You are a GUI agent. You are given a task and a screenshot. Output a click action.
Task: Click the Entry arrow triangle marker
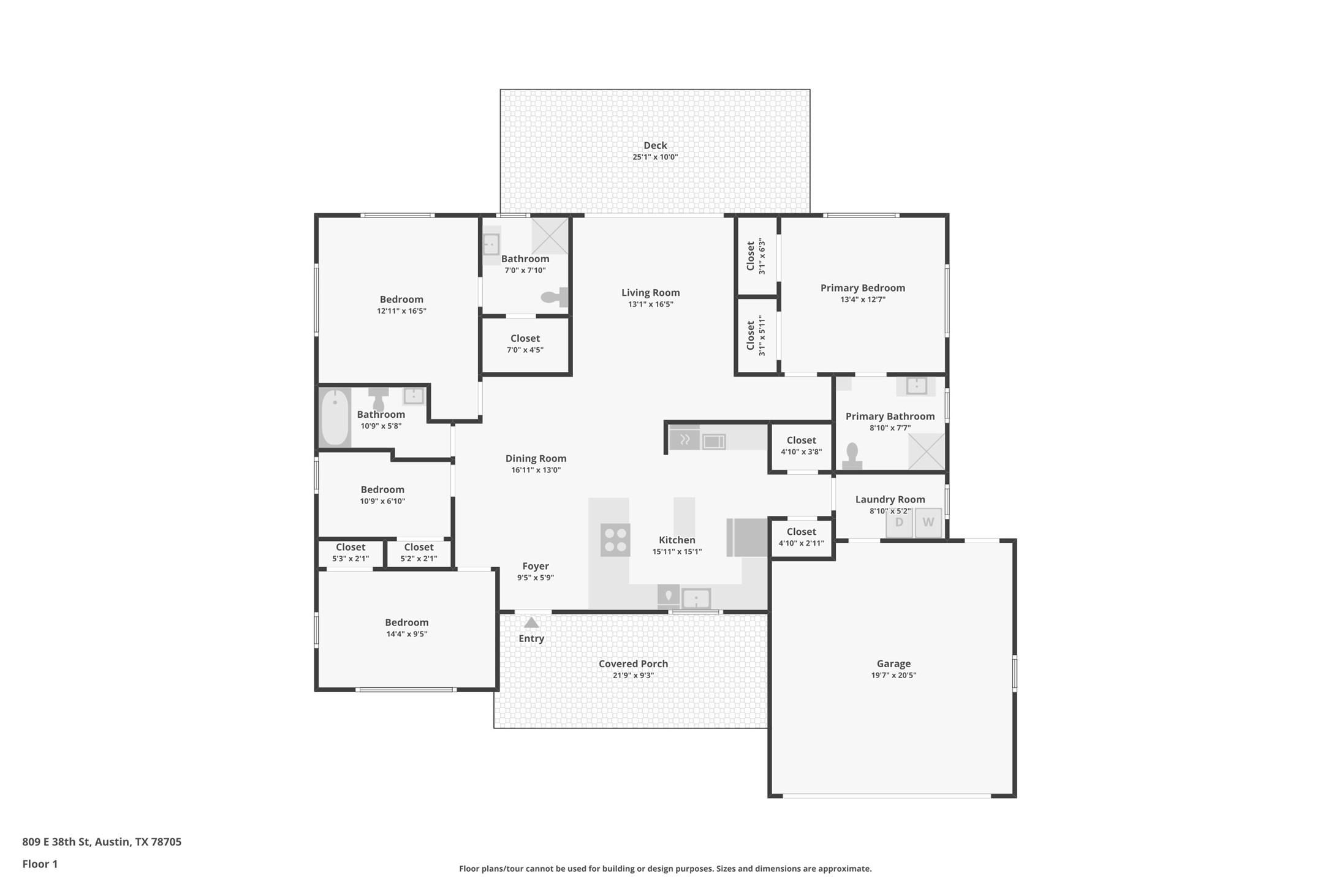(x=531, y=622)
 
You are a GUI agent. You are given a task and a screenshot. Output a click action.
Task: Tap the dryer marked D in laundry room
(x=899, y=523)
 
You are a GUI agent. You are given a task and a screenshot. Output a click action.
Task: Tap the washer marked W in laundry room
(x=928, y=523)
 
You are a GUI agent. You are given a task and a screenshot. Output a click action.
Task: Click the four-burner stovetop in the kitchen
(x=615, y=540)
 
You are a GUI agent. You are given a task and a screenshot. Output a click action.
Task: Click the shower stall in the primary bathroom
(x=926, y=451)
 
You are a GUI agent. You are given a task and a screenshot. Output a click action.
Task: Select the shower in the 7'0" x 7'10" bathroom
(x=549, y=236)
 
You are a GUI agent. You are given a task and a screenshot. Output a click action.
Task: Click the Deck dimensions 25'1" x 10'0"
(x=655, y=157)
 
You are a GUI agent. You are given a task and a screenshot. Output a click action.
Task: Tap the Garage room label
(x=893, y=663)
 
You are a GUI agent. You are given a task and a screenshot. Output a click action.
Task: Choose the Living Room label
(x=650, y=293)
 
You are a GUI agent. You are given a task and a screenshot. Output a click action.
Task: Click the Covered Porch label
(x=633, y=663)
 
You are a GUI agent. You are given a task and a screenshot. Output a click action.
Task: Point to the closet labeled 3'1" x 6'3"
(x=756, y=256)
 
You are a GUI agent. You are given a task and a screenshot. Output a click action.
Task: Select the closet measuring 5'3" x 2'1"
(x=350, y=553)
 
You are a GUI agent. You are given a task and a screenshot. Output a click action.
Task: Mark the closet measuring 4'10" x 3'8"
(x=801, y=446)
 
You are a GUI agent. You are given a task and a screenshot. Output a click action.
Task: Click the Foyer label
(x=535, y=566)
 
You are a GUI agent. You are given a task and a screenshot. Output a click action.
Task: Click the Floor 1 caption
(x=40, y=864)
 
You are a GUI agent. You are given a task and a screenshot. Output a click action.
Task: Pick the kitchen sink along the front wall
(x=696, y=598)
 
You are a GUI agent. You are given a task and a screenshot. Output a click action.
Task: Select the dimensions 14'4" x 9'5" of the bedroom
(x=406, y=634)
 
